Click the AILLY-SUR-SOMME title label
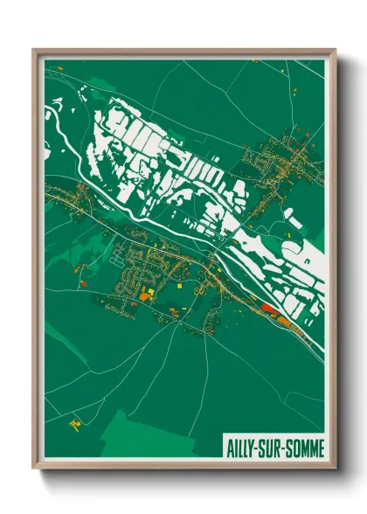pos(273,448)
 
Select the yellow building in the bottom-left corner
pos(75,424)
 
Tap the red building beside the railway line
pos(268,308)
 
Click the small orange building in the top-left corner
pos(61,67)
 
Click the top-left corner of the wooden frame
pos(34,50)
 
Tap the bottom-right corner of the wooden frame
pos(335,468)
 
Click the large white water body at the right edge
pos(310,262)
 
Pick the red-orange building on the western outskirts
pos(82,284)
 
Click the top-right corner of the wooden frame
pos(335,50)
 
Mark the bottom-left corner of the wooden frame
pos(34,468)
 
